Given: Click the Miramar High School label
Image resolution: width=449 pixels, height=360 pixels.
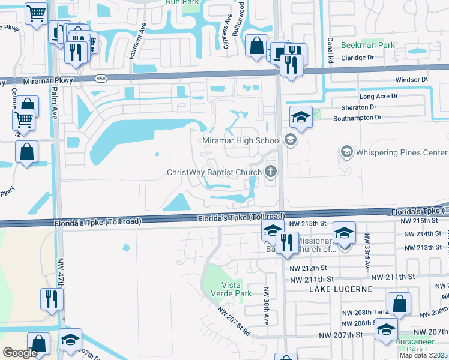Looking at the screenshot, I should (x=242, y=140).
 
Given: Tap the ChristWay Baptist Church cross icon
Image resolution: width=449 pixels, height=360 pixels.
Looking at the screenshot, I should (x=271, y=173).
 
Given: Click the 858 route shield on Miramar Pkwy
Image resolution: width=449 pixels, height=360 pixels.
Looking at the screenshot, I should (x=101, y=79).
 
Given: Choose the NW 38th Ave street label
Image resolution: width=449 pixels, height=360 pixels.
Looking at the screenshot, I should (x=266, y=300).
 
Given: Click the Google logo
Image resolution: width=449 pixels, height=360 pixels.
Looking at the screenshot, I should (x=20, y=353).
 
